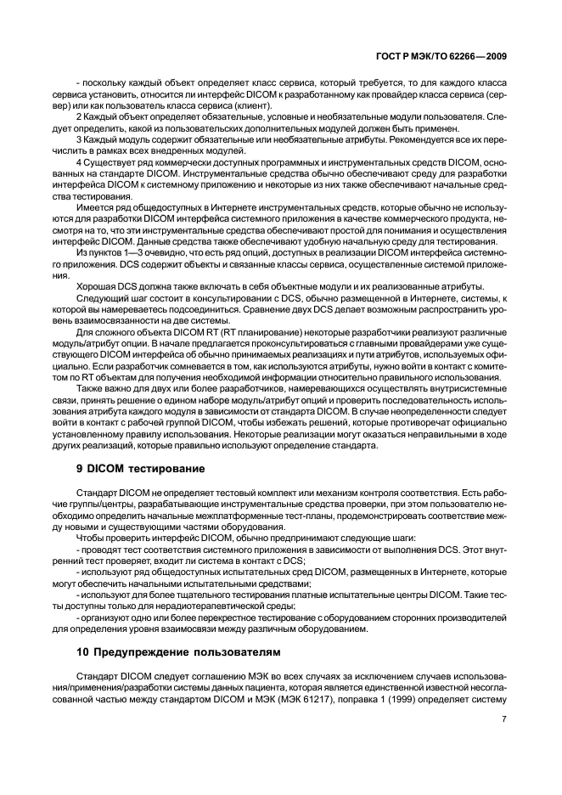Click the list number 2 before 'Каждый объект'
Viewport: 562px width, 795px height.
click(x=78, y=116)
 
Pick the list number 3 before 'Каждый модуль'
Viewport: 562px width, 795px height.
click(x=78, y=138)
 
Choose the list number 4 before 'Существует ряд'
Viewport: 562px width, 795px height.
click(x=78, y=161)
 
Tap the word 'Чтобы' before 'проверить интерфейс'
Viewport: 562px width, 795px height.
click(x=92, y=537)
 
